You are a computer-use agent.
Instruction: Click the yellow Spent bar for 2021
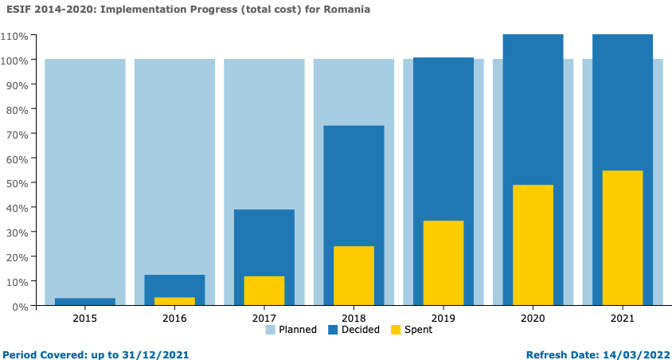[x=623, y=237]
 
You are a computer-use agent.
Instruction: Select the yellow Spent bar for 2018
[x=354, y=276]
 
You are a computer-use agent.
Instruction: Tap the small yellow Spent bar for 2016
[x=174, y=301]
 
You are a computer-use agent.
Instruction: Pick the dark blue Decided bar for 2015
[x=85, y=302]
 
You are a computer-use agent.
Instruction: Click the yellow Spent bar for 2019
[x=443, y=263]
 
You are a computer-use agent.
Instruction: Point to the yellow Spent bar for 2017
[x=264, y=291]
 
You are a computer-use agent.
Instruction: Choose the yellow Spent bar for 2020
[x=533, y=245]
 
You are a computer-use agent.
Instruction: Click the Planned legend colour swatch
[x=270, y=330]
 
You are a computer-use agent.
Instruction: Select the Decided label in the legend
[x=360, y=330]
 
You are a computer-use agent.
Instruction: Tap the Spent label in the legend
[x=418, y=330]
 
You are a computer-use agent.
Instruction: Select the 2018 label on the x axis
[x=354, y=319]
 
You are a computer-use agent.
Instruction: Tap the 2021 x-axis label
[x=623, y=319]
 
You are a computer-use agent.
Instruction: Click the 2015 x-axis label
[x=85, y=319]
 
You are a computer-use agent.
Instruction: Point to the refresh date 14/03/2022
[x=637, y=354]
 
